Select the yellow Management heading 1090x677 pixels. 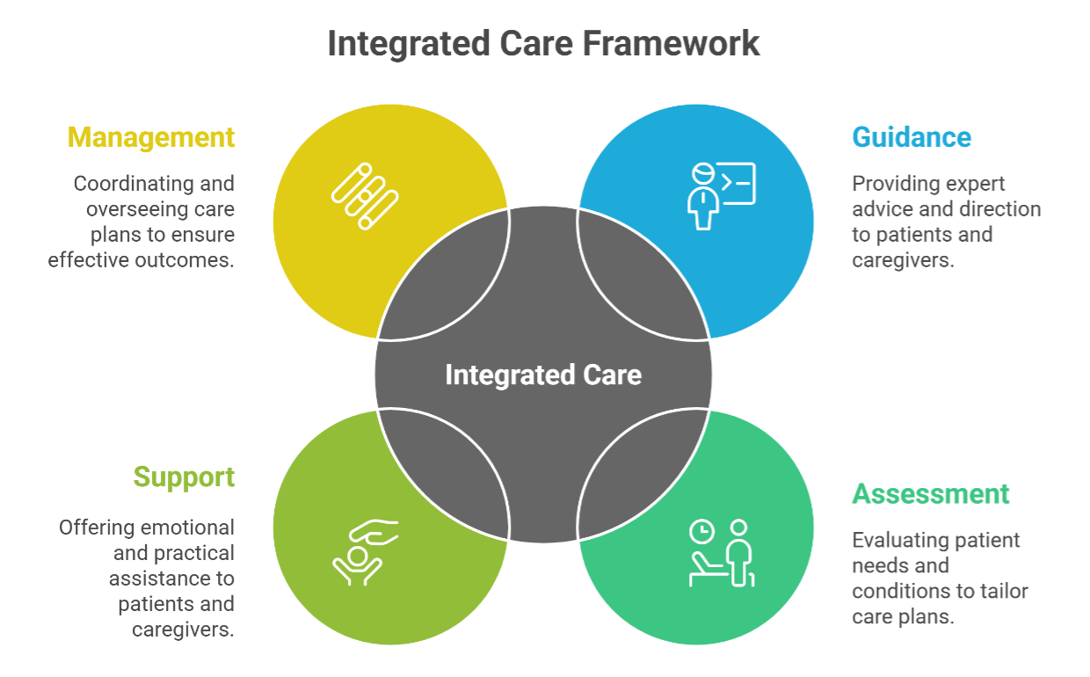coord(151,138)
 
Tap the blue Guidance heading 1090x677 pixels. coord(912,138)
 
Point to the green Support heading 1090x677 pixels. coord(184,477)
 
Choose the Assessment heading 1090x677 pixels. coord(931,493)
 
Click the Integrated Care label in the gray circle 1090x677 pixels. coord(543,375)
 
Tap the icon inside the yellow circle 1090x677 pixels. coord(365,196)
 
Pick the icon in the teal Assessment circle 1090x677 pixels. coord(721,552)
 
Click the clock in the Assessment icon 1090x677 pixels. coord(701,531)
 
